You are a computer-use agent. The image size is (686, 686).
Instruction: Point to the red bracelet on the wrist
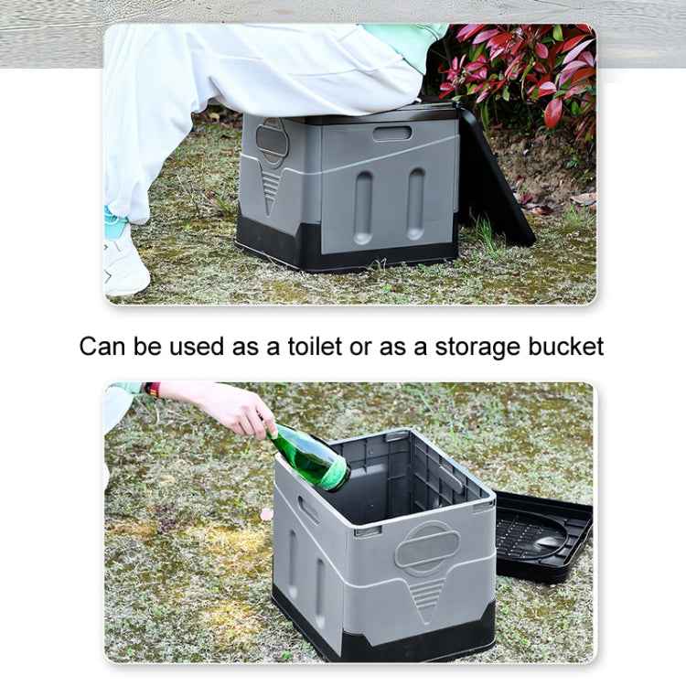(x=153, y=390)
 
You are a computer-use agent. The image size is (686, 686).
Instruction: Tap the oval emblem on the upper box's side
(x=271, y=138)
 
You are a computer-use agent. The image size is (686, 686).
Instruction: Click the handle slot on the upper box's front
(x=391, y=134)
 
